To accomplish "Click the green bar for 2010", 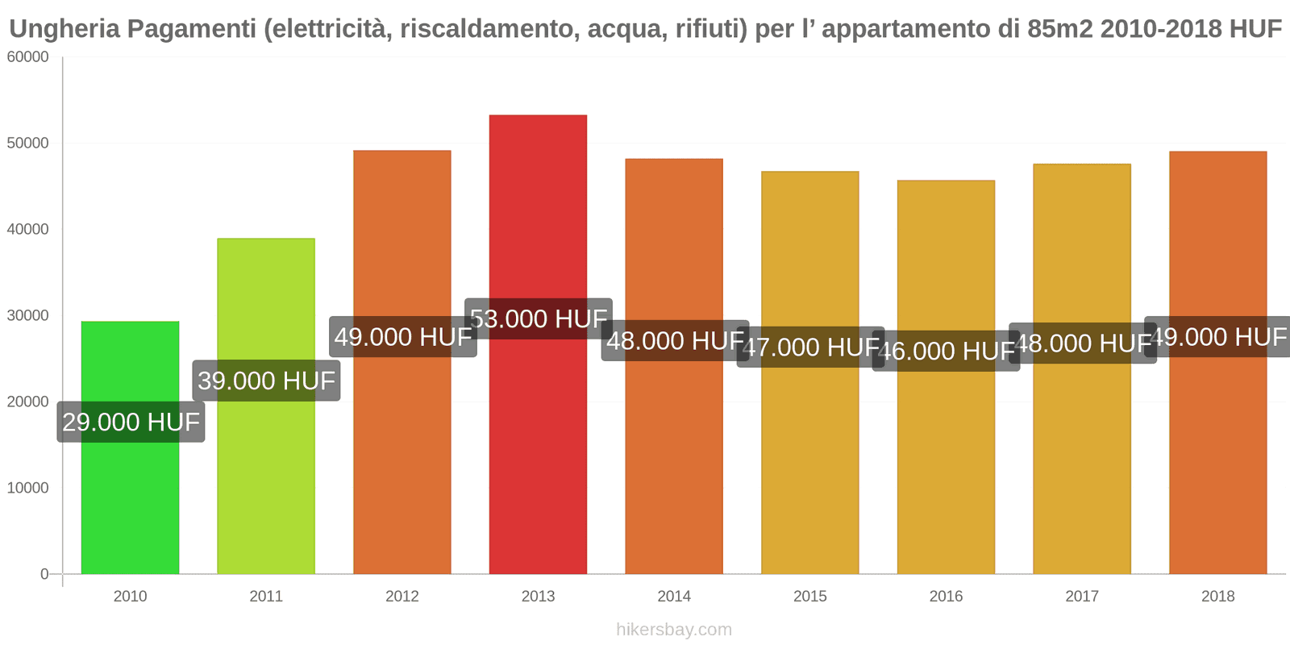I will pyautogui.click(x=130, y=500).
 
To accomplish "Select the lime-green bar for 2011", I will pyautogui.click(x=266, y=484).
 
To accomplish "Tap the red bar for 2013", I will pyautogui.click(x=538, y=451).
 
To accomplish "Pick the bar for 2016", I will pyautogui.click(x=946, y=468).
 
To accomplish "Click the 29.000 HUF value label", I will pyautogui.click(x=131, y=422).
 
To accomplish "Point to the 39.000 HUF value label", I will pyautogui.click(x=266, y=381).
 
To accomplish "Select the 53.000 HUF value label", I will pyautogui.click(x=538, y=318).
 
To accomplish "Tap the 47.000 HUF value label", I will pyautogui.click(x=810, y=347).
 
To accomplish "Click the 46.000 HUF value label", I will pyautogui.click(x=946, y=351).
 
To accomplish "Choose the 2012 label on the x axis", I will pyautogui.click(x=402, y=597).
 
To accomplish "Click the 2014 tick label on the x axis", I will pyautogui.click(x=674, y=597).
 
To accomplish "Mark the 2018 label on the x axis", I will pyautogui.click(x=1217, y=597).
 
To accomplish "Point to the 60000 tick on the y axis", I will pyautogui.click(x=28, y=57).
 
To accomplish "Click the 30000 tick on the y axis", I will pyautogui.click(x=28, y=316).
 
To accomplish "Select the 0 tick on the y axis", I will pyautogui.click(x=44, y=574).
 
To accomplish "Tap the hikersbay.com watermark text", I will pyautogui.click(x=674, y=630).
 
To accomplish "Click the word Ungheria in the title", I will pyautogui.click(x=64, y=29).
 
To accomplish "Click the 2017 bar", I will pyautogui.click(x=1081, y=468).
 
